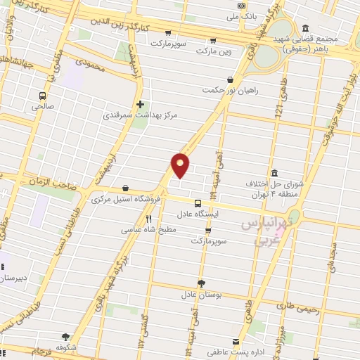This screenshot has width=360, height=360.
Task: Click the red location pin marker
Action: [x=181, y=165]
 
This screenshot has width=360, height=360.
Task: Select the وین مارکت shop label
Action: [x=214, y=51]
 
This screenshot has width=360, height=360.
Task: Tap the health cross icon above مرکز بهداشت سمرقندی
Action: [x=141, y=103]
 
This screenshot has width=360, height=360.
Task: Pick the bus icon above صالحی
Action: [x=44, y=96]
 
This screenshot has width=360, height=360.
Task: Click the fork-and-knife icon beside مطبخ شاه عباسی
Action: [x=148, y=219]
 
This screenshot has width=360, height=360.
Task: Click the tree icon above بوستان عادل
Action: [x=202, y=283]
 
